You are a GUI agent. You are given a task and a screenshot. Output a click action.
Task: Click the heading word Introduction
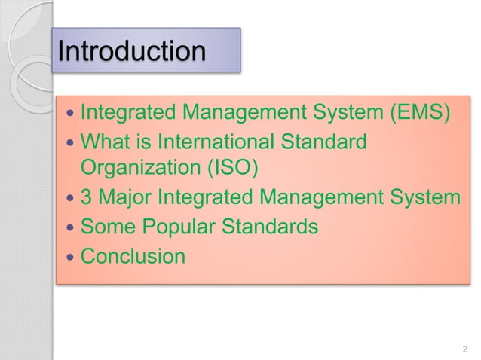tap(132, 51)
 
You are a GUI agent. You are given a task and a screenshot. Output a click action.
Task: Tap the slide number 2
tap(464, 348)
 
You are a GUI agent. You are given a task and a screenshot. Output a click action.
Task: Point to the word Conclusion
tap(133, 256)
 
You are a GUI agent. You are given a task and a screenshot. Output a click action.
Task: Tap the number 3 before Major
tap(87, 198)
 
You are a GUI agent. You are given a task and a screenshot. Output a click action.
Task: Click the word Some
tap(105, 227)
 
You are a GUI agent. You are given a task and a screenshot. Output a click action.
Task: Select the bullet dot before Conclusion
tap(70, 257)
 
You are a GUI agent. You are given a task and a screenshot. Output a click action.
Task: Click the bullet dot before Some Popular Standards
tap(70, 227)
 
